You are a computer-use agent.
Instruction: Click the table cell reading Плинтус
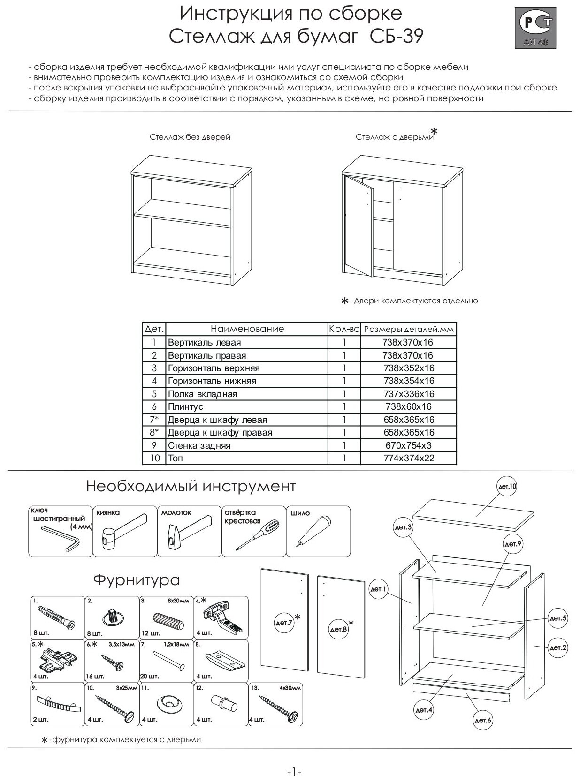(186, 406)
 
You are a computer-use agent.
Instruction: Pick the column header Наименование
(247, 329)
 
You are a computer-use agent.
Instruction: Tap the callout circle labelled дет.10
(506, 487)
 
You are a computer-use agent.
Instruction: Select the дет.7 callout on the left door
(283, 623)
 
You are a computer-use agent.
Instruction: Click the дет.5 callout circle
(558, 618)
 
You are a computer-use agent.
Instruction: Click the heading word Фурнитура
(137, 580)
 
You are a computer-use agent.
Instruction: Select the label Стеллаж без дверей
(190, 137)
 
